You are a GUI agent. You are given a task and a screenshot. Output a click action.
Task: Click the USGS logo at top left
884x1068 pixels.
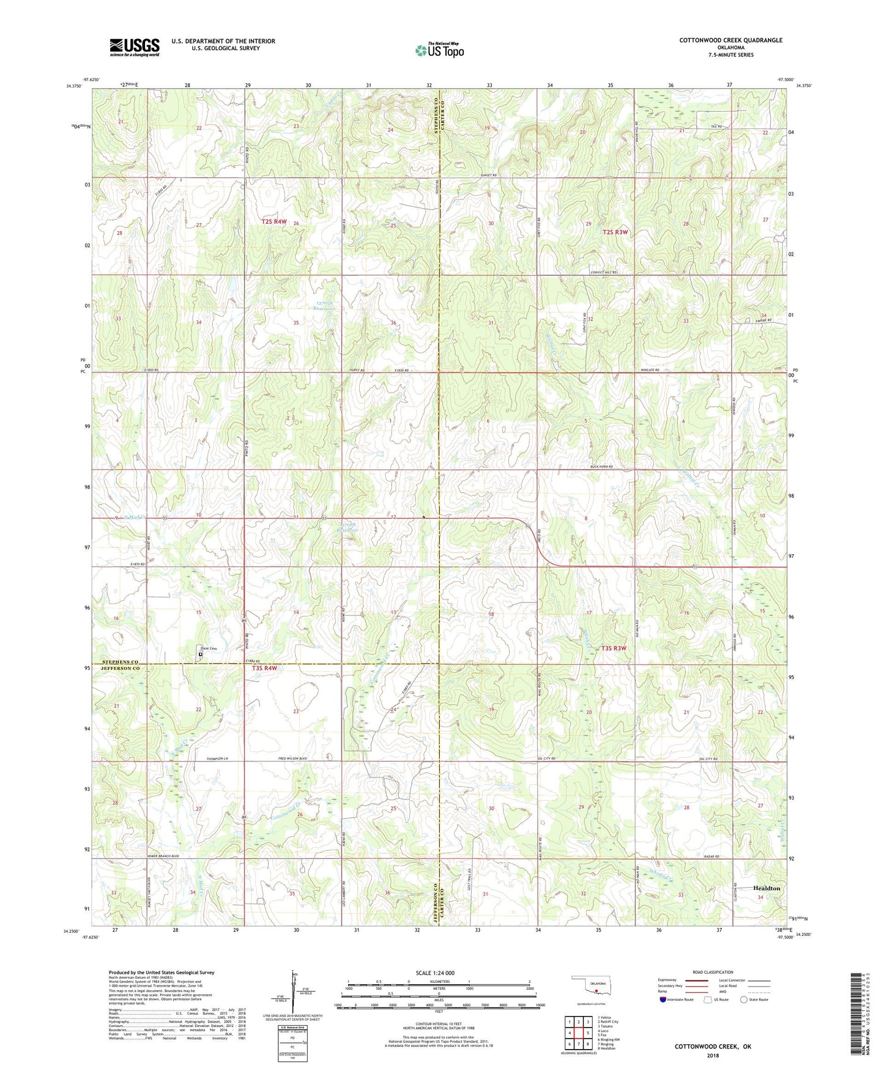click(134, 47)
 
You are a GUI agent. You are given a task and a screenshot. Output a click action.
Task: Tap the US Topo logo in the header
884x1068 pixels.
click(439, 50)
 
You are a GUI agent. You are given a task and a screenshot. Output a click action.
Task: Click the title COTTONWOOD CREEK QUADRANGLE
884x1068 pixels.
click(730, 40)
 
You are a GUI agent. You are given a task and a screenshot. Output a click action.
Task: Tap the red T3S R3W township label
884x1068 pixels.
click(614, 648)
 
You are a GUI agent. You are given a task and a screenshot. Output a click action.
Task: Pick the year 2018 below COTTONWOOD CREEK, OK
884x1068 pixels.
click(713, 1055)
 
